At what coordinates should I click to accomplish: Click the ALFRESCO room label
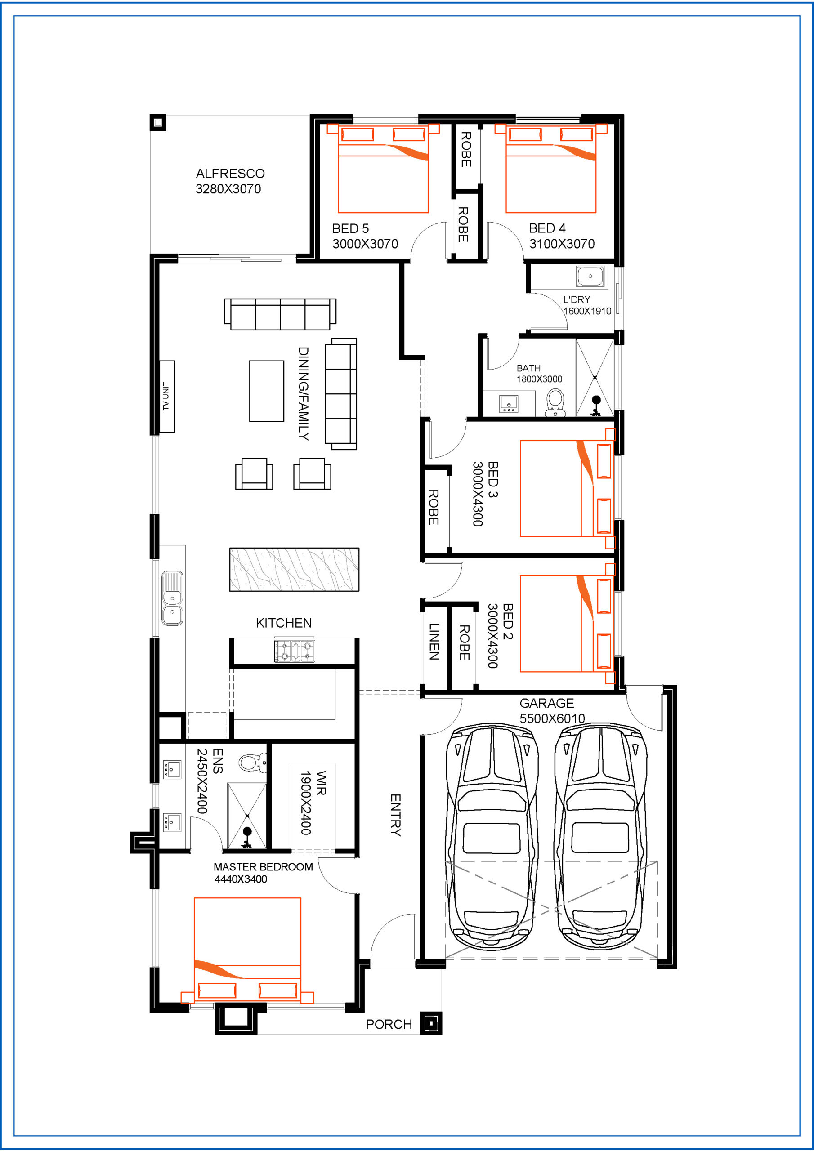click(x=230, y=174)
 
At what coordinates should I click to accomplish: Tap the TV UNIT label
click(x=166, y=397)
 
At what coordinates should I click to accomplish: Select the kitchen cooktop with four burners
click(x=295, y=651)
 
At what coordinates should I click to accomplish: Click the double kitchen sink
click(x=172, y=598)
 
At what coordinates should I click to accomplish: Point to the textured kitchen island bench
click(x=295, y=570)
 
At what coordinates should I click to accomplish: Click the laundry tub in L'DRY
click(x=590, y=276)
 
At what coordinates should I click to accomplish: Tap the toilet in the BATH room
click(x=555, y=403)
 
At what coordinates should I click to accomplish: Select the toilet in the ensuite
click(x=254, y=762)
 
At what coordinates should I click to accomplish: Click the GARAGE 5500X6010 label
click(x=552, y=711)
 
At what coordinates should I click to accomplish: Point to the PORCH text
click(x=389, y=1024)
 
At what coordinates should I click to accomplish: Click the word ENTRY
click(x=396, y=815)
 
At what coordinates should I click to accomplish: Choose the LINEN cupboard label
click(x=434, y=641)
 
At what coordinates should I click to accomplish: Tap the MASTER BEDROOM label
click(x=263, y=867)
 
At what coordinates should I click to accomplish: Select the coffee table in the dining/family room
click(x=267, y=391)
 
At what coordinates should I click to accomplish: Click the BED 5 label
click(x=351, y=228)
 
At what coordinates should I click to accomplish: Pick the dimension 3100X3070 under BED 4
click(x=562, y=244)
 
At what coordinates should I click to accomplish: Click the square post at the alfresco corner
click(x=158, y=122)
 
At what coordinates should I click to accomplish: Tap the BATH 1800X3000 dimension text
click(x=539, y=379)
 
